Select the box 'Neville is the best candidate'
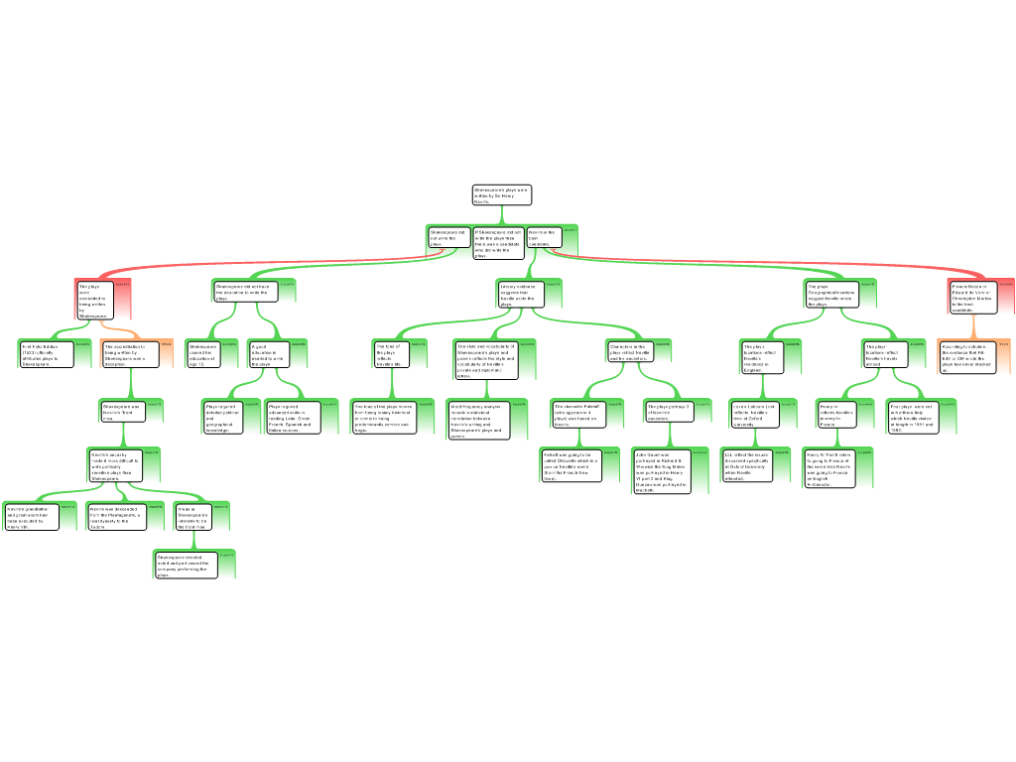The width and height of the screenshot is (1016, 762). pyautogui.click(x=543, y=238)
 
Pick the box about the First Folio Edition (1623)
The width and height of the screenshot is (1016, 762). pyautogui.click(x=45, y=354)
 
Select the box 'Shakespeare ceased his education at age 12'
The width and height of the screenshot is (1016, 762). pyautogui.click(x=202, y=355)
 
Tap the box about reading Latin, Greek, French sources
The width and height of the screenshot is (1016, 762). pyautogui.click(x=290, y=418)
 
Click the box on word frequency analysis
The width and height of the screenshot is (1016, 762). pyautogui.click(x=477, y=421)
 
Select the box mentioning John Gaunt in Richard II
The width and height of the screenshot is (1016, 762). pyautogui.click(x=660, y=469)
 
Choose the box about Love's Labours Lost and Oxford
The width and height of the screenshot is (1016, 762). pyautogui.click(x=755, y=416)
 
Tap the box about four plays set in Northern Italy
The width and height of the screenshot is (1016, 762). pyautogui.click(x=909, y=417)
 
